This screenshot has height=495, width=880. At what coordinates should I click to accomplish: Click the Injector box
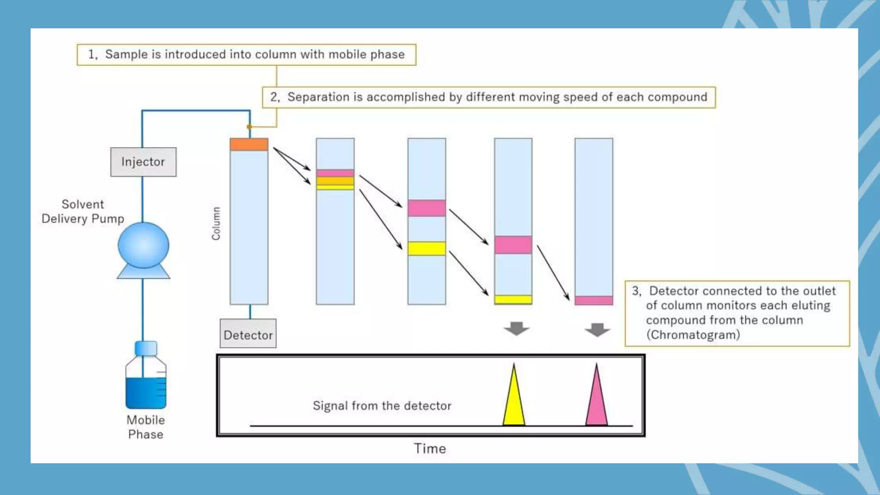pyautogui.click(x=143, y=162)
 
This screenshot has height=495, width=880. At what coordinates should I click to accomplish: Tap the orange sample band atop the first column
pyautogui.click(x=249, y=144)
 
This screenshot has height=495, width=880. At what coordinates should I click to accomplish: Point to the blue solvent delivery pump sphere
pyautogui.click(x=144, y=245)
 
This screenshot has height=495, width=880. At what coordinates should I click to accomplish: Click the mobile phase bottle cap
pyautogui.click(x=146, y=348)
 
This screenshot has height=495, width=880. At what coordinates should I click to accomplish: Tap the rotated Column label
pyautogui.click(x=216, y=223)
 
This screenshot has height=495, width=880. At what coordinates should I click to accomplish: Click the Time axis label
pyautogui.click(x=430, y=449)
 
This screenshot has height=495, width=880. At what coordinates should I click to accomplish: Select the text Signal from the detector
pyautogui.click(x=382, y=406)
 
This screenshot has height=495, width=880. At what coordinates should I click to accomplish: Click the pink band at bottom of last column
pyautogui.click(x=594, y=300)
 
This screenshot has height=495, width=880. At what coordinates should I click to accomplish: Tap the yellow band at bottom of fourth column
pyautogui.click(x=513, y=299)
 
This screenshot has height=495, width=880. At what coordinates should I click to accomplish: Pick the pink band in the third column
pyautogui.click(x=427, y=208)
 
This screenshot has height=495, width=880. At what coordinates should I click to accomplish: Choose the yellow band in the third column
pyautogui.click(x=427, y=248)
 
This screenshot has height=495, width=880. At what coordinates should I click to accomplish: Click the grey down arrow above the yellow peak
pyautogui.click(x=516, y=329)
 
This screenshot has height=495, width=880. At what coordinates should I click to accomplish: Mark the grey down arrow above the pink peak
pyautogui.click(x=597, y=330)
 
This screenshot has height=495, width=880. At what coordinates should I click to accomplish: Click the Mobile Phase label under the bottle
pyautogui.click(x=146, y=427)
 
